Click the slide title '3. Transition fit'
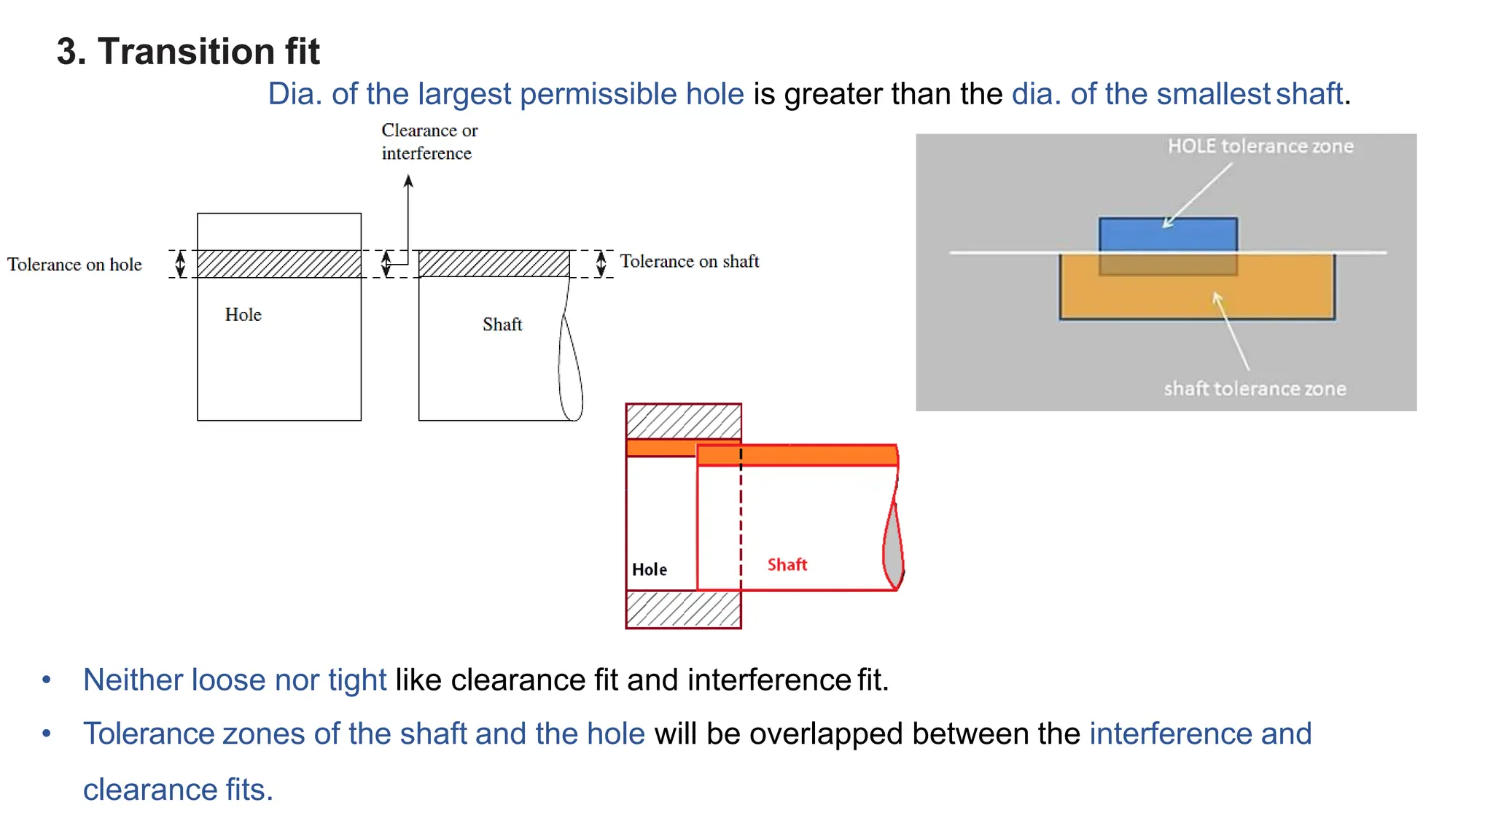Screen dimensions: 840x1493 coord(188,52)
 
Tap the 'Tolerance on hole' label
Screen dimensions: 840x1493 coord(74,265)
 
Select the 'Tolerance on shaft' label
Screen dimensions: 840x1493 coord(689,262)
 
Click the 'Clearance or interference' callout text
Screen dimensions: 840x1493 coord(429,142)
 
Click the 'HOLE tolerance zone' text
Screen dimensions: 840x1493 coord(1260,147)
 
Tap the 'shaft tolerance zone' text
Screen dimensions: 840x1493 coord(1254,389)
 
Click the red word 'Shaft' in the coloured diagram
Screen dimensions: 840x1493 coord(787,565)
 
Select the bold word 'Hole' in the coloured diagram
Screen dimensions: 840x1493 coord(649,569)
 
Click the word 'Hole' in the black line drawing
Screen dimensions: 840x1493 coord(243,315)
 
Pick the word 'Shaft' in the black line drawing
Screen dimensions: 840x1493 coord(502,324)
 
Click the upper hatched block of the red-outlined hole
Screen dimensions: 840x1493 coord(683,421)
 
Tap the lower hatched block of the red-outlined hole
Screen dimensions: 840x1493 coord(683,609)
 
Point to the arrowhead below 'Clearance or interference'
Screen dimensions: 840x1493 coord(408,181)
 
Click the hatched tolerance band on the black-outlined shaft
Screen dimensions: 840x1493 coord(494,263)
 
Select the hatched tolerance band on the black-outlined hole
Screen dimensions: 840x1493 coord(278,264)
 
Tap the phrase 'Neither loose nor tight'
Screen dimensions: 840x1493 coord(234,680)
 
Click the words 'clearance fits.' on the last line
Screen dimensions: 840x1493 coord(178,790)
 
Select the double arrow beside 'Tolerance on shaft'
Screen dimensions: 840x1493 coord(601,263)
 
